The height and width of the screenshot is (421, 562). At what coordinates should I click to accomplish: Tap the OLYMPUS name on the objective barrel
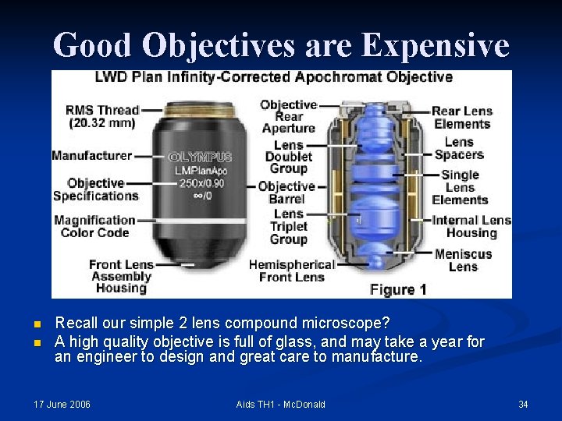click(x=201, y=157)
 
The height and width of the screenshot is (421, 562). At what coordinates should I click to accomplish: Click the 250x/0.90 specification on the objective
click(x=201, y=182)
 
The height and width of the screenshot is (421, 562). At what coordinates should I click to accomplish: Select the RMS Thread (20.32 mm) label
click(x=102, y=116)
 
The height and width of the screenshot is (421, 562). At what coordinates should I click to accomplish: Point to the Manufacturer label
click(x=91, y=156)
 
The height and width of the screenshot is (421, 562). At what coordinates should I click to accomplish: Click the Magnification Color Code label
click(x=94, y=226)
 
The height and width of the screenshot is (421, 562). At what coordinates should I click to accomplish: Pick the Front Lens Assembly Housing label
click(x=120, y=276)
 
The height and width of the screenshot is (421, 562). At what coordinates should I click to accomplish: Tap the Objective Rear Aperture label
click(x=288, y=116)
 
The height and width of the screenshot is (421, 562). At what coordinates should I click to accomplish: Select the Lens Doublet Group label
click(x=288, y=157)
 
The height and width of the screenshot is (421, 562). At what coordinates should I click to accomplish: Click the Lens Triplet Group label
click(x=288, y=226)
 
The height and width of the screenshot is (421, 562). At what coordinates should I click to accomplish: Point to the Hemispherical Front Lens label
click(x=291, y=271)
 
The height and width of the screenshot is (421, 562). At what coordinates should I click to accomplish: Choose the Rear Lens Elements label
click(x=462, y=117)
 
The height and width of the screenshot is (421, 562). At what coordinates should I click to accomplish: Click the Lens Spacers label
click(x=459, y=148)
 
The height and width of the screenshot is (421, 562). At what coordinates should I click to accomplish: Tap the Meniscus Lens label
click(x=463, y=260)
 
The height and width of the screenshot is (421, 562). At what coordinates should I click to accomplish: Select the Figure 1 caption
click(x=398, y=289)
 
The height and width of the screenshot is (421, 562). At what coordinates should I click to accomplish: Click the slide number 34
click(x=523, y=404)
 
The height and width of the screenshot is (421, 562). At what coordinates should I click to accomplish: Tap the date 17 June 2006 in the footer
click(x=62, y=404)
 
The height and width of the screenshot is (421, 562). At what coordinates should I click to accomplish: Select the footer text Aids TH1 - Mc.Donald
click(x=280, y=404)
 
